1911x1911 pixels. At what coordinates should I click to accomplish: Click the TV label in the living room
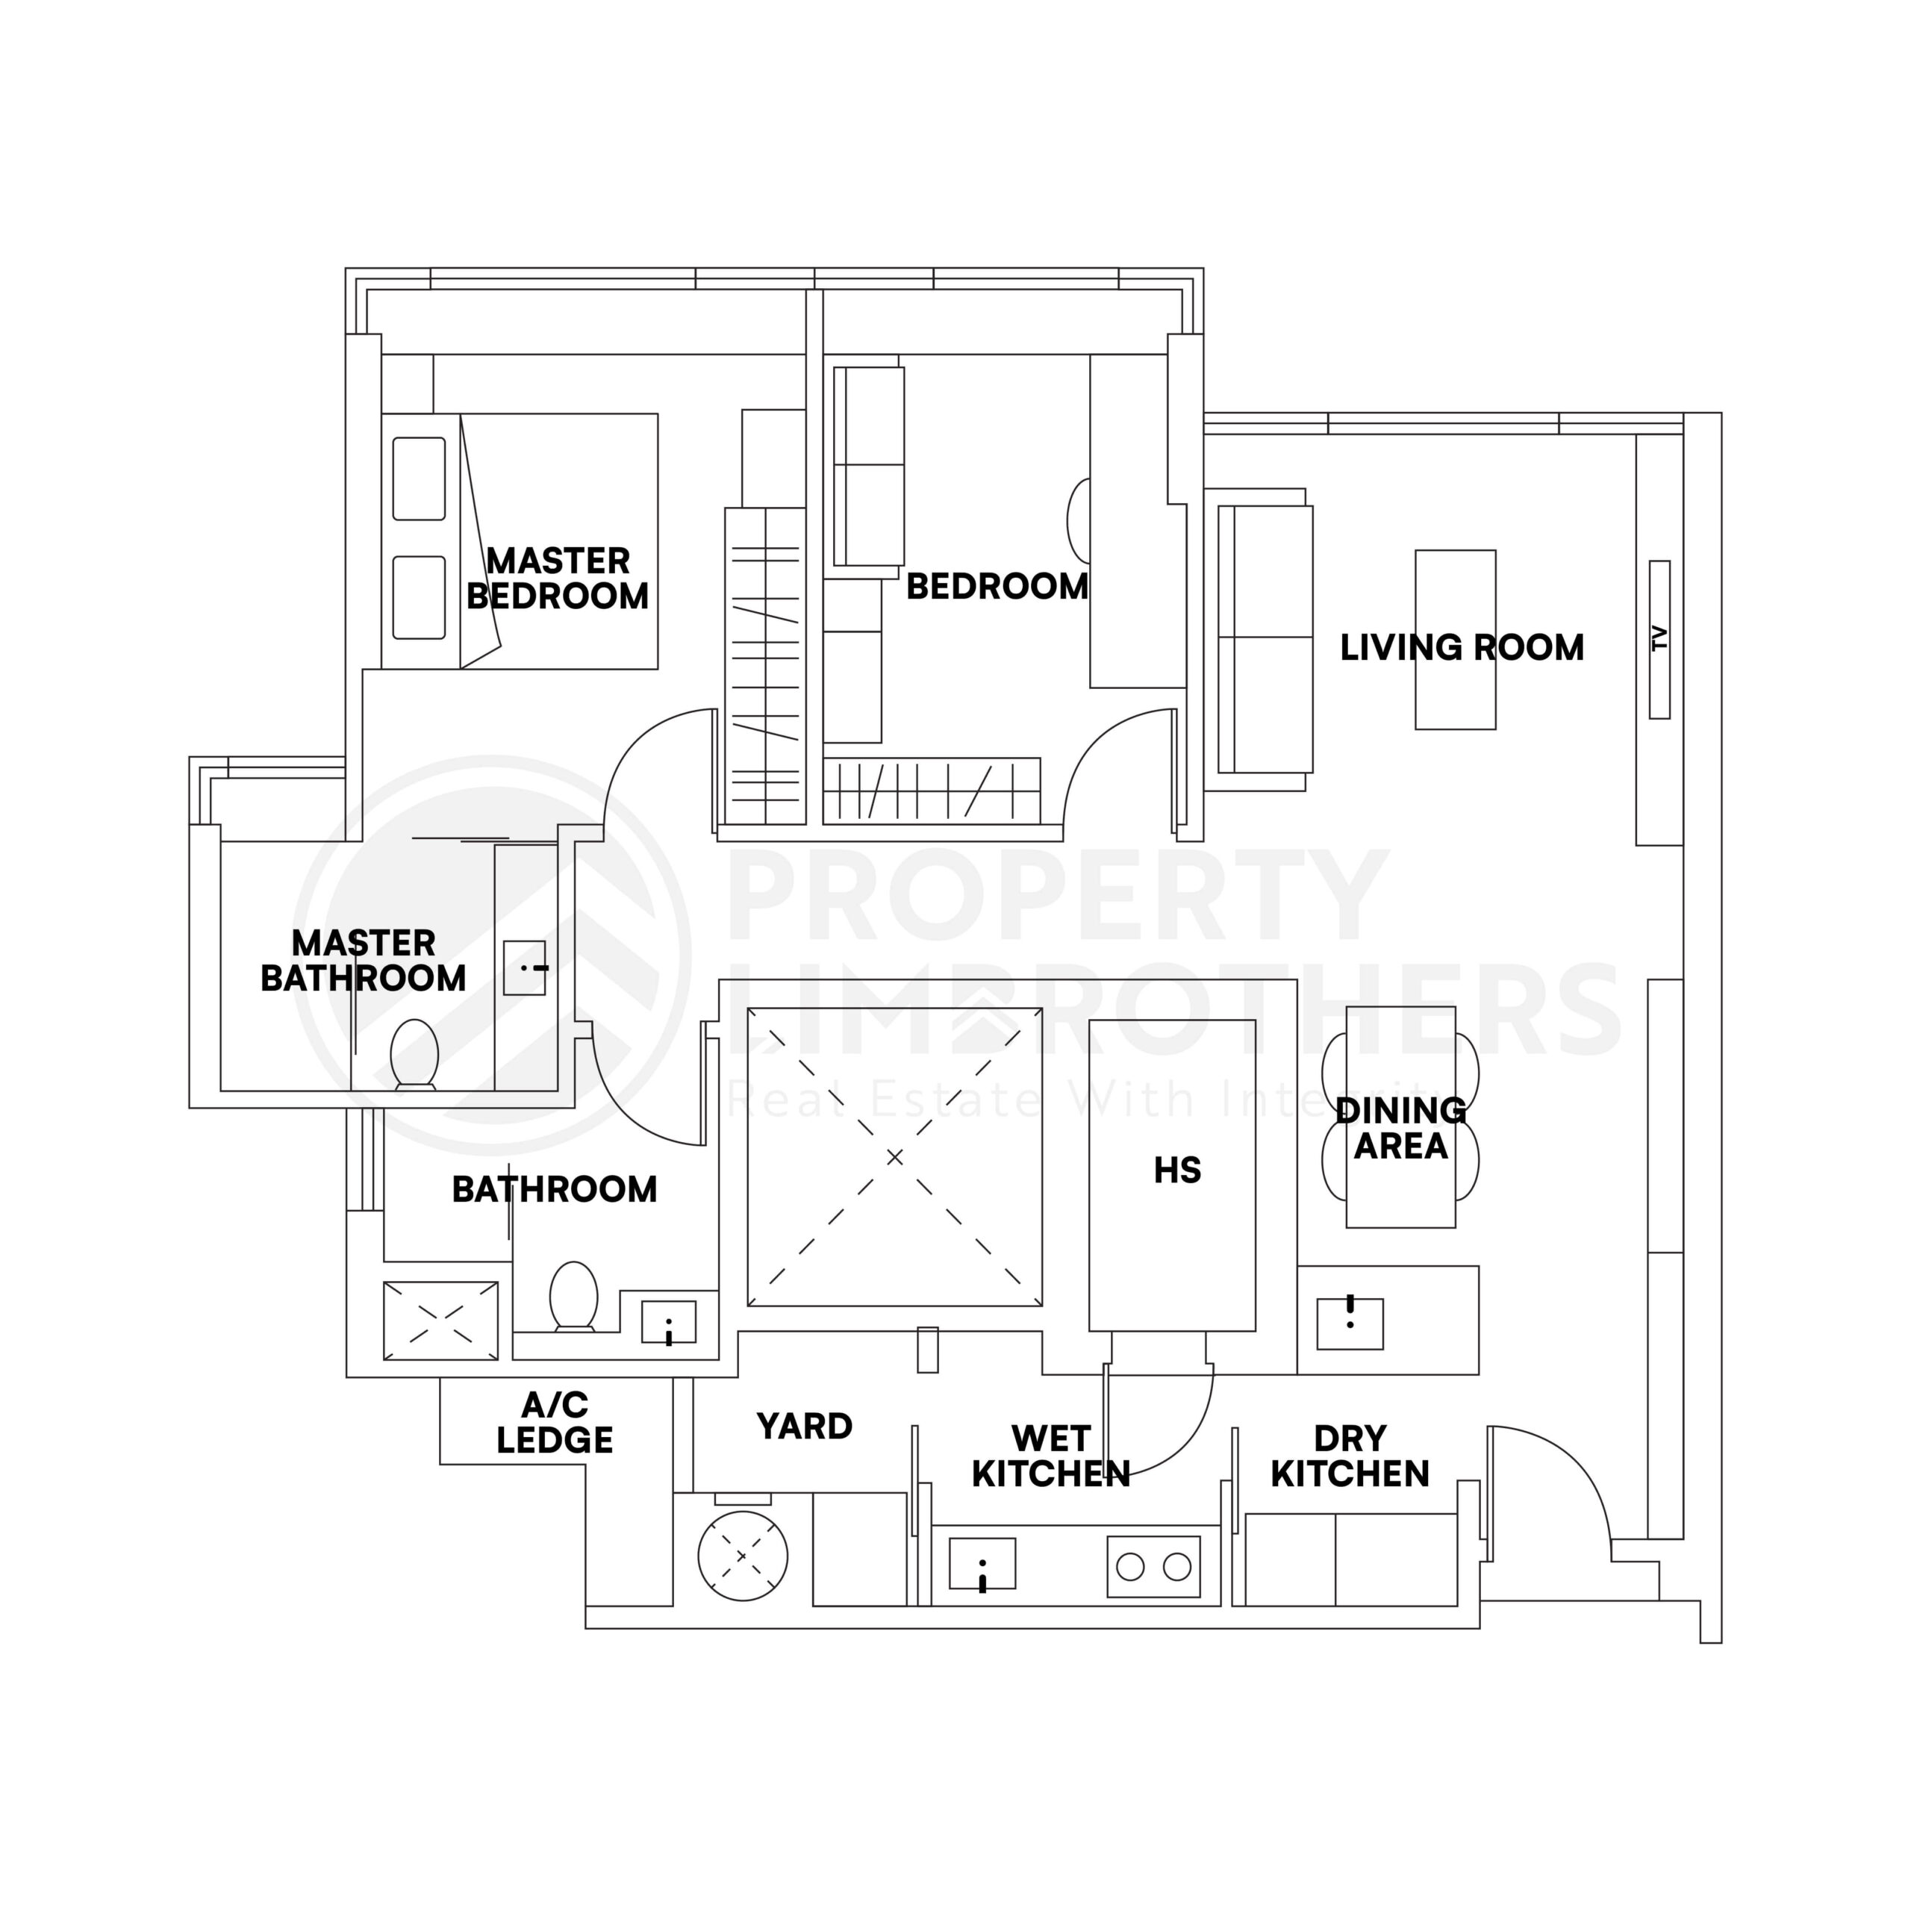click(x=1659, y=639)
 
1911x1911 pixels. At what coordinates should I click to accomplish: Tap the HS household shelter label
click(x=1177, y=1170)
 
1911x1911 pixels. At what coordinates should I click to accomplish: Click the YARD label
click(x=804, y=1427)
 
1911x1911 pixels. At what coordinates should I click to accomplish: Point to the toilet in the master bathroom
click(x=414, y=1055)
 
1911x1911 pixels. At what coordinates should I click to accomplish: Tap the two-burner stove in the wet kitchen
click(x=1153, y=1566)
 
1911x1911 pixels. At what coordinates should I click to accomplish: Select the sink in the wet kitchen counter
click(x=981, y=1564)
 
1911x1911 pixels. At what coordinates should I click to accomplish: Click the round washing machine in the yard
click(x=743, y=1556)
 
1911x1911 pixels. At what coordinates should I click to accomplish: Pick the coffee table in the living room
click(x=1455, y=640)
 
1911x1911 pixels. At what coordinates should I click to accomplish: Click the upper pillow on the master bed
click(x=418, y=478)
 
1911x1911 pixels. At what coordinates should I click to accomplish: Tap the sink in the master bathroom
click(x=524, y=967)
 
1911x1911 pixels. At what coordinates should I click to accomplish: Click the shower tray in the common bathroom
click(x=440, y=1321)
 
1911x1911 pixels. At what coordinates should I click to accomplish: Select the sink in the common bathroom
click(x=669, y=1323)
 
